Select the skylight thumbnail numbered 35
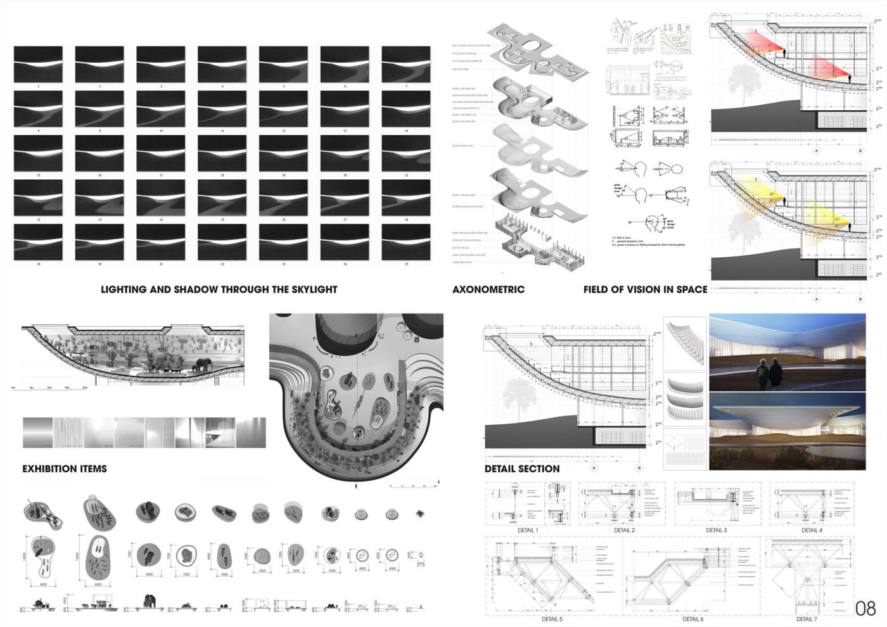[x=406, y=241]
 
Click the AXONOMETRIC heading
[x=488, y=289]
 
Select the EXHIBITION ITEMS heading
[x=65, y=469]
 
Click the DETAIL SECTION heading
[x=522, y=469]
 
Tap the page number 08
[x=865, y=609]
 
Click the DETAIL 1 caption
[x=528, y=530]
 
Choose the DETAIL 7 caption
[x=806, y=619]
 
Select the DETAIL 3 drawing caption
[x=716, y=530]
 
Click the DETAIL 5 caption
[x=552, y=619]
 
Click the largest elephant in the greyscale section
[x=203, y=364]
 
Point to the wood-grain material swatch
[x=68, y=433]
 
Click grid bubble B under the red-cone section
[x=860, y=151]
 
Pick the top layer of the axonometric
[x=539, y=51]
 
